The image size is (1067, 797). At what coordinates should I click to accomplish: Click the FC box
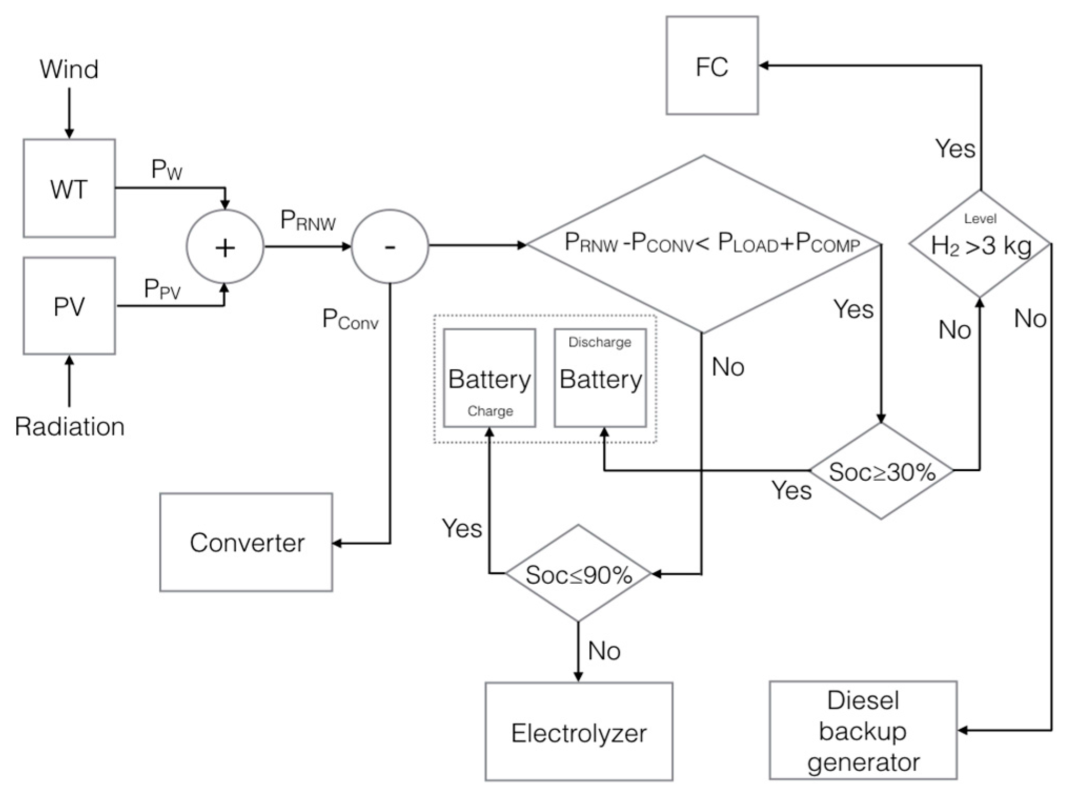(x=712, y=66)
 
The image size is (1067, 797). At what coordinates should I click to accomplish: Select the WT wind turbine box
(x=69, y=188)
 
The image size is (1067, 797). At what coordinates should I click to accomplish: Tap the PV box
(x=69, y=306)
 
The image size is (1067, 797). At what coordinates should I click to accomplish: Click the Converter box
(x=246, y=542)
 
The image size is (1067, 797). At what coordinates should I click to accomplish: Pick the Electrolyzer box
(x=579, y=732)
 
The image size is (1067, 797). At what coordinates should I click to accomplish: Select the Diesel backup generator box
(x=863, y=730)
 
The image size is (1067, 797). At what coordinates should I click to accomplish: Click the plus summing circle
(x=225, y=246)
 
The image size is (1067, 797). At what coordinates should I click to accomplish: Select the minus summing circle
(x=390, y=246)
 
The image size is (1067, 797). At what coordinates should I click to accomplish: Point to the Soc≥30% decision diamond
(x=881, y=471)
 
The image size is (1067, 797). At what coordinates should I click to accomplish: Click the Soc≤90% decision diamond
(x=578, y=574)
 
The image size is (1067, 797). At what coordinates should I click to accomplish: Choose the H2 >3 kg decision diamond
(x=980, y=244)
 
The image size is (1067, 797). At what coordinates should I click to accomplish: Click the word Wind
(x=69, y=69)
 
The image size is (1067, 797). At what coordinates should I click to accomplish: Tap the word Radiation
(x=69, y=426)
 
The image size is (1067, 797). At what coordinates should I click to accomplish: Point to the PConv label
(x=350, y=319)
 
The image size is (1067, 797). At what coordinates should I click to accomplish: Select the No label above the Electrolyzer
(x=604, y=651)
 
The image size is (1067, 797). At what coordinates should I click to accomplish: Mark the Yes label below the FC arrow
(x=955, y=149)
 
